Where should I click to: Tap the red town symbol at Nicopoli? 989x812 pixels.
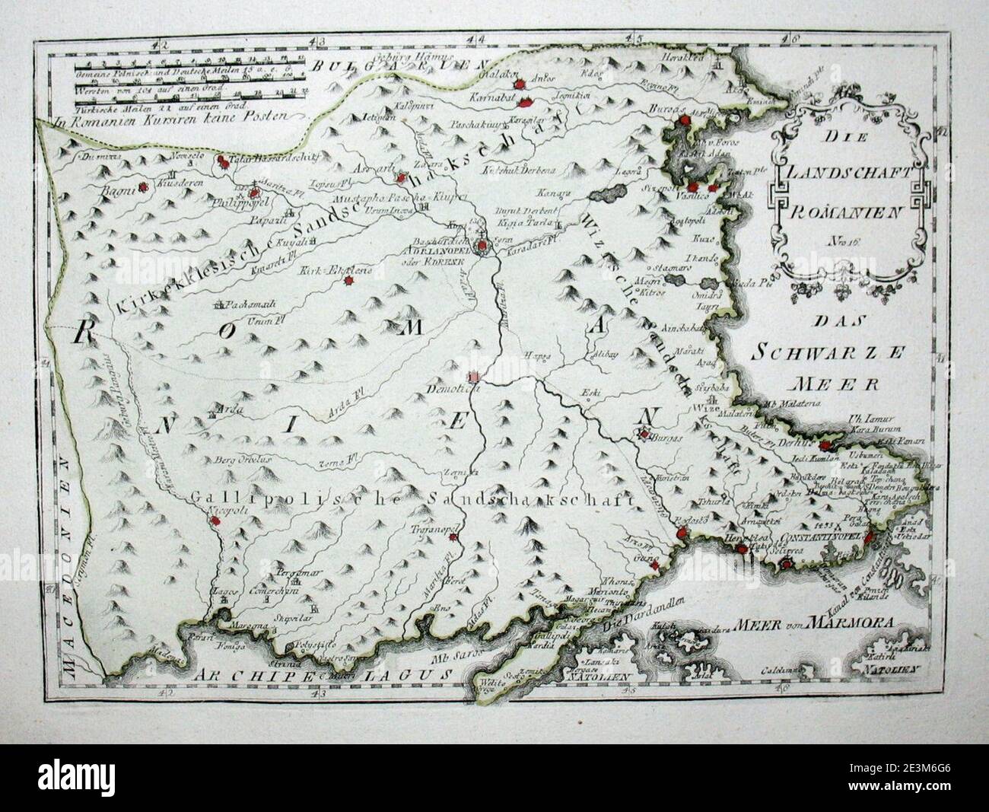tap(216, 521)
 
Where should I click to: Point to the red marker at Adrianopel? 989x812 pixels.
tap(482, 247)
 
